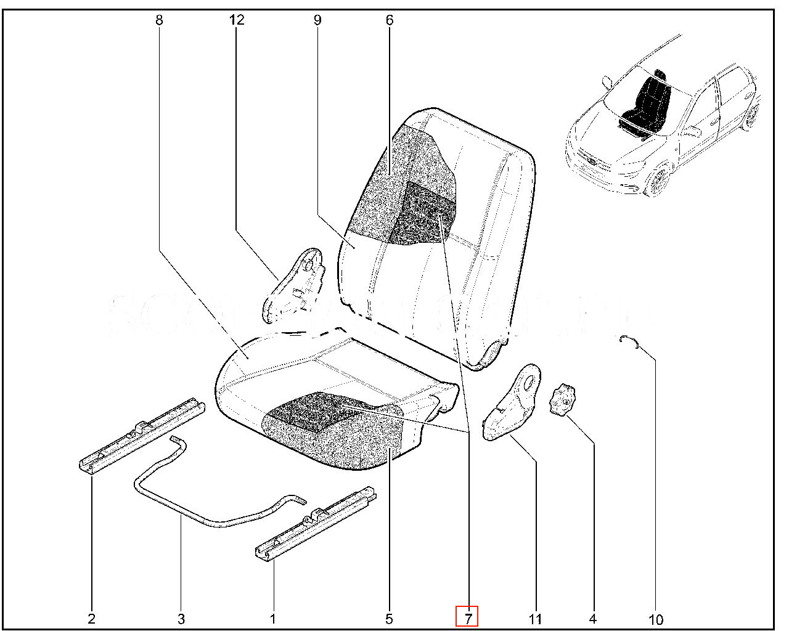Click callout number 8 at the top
pyautogui.click(x=159, y=20)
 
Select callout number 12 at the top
pyautogui.click(x=237, y=20)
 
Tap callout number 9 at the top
pyautogui.click(x=317, y=20)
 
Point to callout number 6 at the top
pyautogui.click(x=390, y=20)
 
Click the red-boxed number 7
pyautogui.click(x=467, y=617)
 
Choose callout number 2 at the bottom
pyautogui.click(x=91, y=619)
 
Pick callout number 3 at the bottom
pyautogui.click(x=181, y=619)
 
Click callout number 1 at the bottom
pyautogui.click(x=272, y=619)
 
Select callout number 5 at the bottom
pyautogui.click(x=389, y=619)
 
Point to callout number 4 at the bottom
pyautogui.click(x=593, y=619)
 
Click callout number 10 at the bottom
pyautogui.click(x=656, y=619)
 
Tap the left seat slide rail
pyautogui.click(x=141, y=434)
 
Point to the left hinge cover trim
pyautogui.click(x=295, y=283)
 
